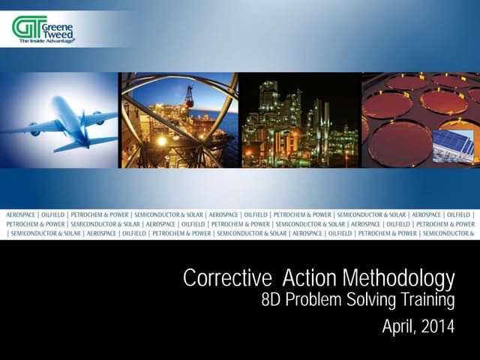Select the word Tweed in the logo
61,33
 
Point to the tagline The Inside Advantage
46,43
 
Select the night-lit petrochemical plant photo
301,120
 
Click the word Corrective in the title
226,280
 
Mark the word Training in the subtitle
429,302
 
